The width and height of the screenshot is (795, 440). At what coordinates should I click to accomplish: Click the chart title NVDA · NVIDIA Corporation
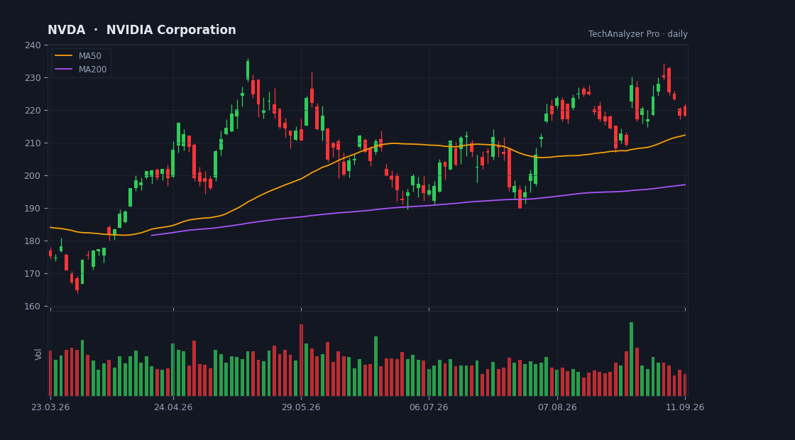pos(141,30)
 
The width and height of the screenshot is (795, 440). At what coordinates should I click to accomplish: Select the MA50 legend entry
pos(81,56)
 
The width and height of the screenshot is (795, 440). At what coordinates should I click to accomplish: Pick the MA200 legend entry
pos(81,70)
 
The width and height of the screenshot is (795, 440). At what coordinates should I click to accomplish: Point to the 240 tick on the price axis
pos(33,45)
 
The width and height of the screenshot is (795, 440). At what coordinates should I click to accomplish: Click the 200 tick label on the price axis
pos(33,176)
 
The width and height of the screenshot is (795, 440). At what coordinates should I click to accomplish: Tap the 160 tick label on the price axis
pos(33,306)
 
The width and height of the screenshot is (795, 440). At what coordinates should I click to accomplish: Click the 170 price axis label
pos(33,274)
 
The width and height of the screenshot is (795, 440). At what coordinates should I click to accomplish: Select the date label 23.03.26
pos(50,407)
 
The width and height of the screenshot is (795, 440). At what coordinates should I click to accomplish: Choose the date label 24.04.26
pos(173,407)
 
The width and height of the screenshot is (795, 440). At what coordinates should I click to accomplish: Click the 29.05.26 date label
pos(301,407)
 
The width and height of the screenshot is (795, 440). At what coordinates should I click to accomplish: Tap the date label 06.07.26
pos(429,407)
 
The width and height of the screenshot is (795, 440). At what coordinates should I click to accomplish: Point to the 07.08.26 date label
pos(557,407)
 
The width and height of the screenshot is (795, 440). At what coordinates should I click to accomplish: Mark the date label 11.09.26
pos(685,407)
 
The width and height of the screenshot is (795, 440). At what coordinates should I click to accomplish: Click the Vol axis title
pos(38,354)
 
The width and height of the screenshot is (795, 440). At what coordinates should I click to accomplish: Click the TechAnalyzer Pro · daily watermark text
pos(638,34)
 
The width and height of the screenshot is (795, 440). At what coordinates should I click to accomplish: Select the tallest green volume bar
pos(631,359)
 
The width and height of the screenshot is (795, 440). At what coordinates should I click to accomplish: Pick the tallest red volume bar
pos(301,360)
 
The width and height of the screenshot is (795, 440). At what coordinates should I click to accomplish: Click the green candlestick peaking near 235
pos(248,70)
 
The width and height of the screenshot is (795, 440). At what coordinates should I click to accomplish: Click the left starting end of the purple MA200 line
pos(152,235)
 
